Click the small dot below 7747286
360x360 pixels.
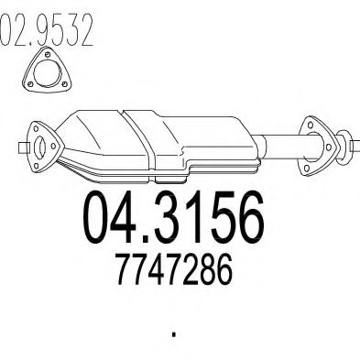point(173,329)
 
